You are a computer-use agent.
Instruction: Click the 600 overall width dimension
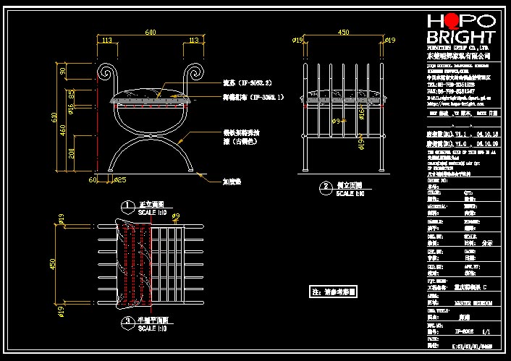pos(151,33)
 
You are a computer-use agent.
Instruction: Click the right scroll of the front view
pos(196,73)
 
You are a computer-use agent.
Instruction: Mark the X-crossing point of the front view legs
pos(151,137)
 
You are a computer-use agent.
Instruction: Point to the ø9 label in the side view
pos(336,122)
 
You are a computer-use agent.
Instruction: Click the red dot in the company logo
pos(457,21)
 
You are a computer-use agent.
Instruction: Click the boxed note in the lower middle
pos(334,292)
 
